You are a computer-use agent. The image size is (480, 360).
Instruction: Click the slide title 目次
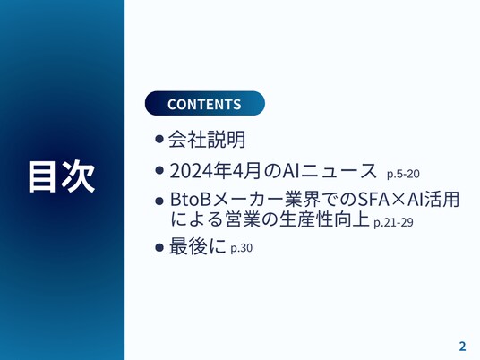point(61,176)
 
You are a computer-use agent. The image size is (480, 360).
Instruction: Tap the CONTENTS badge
point(205,104)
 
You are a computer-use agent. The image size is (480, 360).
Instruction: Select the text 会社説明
point(207,140)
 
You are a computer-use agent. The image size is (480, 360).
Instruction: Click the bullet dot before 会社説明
point(159,140)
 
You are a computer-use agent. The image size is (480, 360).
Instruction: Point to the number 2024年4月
point(215,171)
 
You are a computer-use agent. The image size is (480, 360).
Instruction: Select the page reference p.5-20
point(403,174)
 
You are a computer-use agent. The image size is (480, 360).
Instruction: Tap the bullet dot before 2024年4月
point(159,170)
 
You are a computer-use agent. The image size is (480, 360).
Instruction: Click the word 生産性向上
point(324,219)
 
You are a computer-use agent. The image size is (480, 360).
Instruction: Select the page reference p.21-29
point(393,222)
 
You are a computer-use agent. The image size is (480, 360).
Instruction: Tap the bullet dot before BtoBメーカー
point(159,201)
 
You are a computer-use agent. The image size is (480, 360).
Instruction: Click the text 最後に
point(198,246)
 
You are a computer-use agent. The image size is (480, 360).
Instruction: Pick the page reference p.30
point(242,248)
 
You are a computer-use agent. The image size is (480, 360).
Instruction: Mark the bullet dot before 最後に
point(159,247)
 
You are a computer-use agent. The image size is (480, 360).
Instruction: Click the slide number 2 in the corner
point(462,347)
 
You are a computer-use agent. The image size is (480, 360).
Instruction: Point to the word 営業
point(243,219)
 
